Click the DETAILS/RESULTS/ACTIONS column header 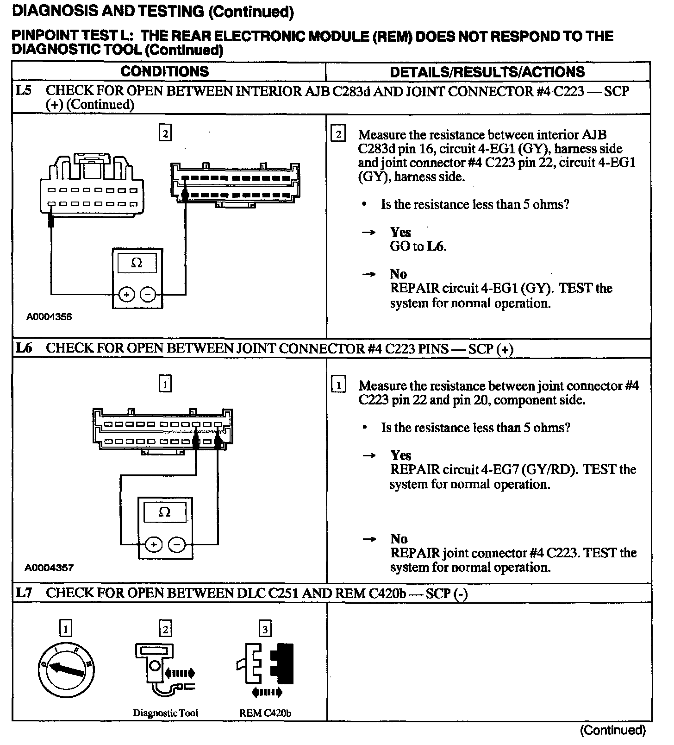487,72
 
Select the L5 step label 24,90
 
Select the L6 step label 24,348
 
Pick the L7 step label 24,593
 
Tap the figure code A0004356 49,317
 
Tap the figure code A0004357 49,568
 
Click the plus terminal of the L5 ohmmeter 126,294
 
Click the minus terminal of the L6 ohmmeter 176,544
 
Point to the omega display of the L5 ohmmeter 137,263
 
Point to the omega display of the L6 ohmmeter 165,512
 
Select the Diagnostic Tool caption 165,713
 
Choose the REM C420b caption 265,713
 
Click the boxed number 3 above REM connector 265,629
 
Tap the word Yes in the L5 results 400,232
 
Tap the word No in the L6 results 399,538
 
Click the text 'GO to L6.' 418,246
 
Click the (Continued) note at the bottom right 612,730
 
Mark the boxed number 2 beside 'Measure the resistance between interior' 338,135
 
